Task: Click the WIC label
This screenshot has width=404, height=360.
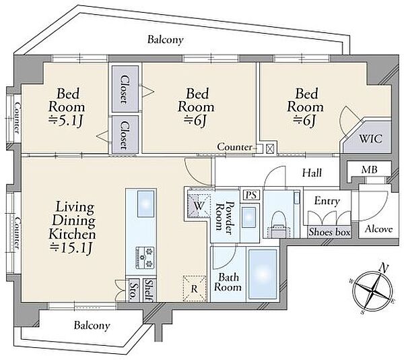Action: (370, 139)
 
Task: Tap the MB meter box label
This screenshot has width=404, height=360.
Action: (369, 170)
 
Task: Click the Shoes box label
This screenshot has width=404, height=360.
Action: (329, 232)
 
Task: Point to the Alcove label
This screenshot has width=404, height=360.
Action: (378, 229)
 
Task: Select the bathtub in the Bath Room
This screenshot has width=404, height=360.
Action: (263, 274)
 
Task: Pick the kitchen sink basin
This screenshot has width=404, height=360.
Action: (146, 204)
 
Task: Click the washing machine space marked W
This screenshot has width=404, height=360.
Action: (199, 206)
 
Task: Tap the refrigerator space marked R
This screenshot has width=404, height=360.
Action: (195, 289)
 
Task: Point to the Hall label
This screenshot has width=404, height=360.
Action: (312, 173)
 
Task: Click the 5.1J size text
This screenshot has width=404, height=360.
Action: (66, 121)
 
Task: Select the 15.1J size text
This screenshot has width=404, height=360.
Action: (71, 248)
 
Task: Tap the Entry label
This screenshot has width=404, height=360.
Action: (327, 201)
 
